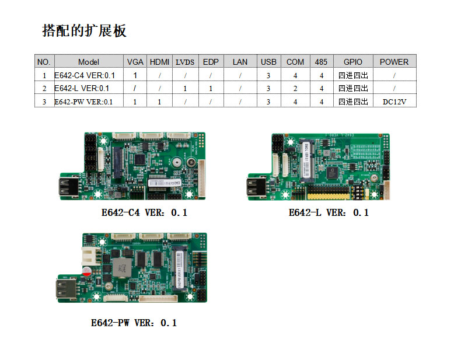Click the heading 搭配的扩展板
(84, 30)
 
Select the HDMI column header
(159, 62)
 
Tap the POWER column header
(394, 62)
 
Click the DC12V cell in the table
(394, 102)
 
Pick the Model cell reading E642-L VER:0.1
(82, 88)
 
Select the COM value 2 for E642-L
(295, 89)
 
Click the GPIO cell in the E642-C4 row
(353, 75)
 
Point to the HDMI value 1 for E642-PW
(159, 102)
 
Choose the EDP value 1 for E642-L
(211, 89)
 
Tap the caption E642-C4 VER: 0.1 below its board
(144, 212)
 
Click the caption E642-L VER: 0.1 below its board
(329, 212)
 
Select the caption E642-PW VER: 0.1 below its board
(134, 323)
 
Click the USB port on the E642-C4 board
(69, 186)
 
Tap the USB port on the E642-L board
(256, 187)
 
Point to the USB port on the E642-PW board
(67, 289)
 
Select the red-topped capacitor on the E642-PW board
(86, 271)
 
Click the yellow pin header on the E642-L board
(328, 196)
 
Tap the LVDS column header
(185, 62)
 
